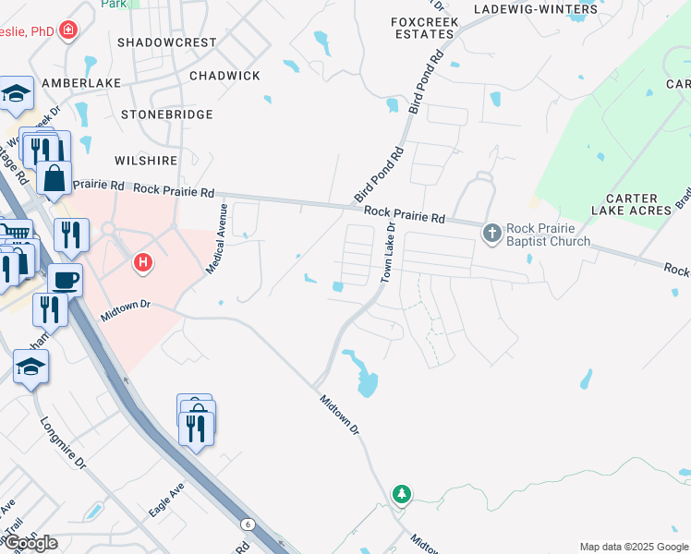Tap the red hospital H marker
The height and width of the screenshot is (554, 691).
click(x=142, y=263)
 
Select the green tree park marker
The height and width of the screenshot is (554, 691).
click(x=401, y=495)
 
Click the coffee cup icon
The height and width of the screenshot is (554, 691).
click(x=64, y=279)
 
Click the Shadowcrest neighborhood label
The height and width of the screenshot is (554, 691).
click(x=167, y=42)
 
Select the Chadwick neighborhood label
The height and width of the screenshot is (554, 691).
click(x=224, y=76)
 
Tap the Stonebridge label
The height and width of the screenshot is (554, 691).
click(x=167, y=114)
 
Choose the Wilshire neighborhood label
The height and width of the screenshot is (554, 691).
click(x=146, y=160)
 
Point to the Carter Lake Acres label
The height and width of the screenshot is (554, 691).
click(x=637, y=204)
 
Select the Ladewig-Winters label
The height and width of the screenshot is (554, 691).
click(x=536, y=9)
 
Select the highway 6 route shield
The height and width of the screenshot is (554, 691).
click(x=248, y=524)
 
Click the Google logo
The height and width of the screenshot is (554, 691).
click(x=30, y=543)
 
